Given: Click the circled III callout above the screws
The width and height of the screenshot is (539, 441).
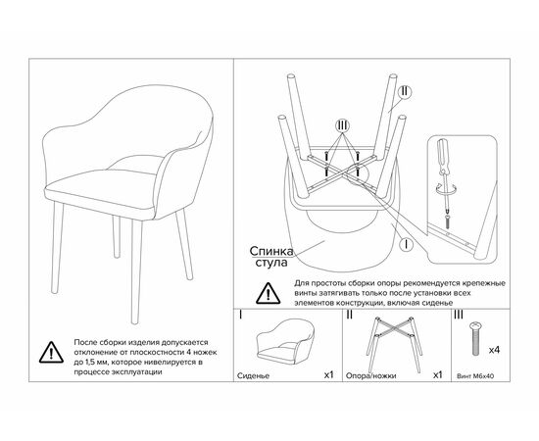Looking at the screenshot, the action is point(342,125).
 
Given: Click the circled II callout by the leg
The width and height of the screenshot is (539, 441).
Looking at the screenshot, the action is point(405,92).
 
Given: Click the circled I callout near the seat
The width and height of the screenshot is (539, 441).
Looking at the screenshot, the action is point(407,245).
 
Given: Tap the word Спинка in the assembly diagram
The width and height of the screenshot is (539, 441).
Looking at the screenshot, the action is point(271,251).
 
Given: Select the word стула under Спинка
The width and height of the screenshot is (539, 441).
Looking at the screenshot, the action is point(270,263).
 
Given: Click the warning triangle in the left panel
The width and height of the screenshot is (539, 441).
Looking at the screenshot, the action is point(51,353).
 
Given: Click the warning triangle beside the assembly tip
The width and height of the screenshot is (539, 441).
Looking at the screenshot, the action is point(269,293).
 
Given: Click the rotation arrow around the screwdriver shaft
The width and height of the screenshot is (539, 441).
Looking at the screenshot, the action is point(445,189).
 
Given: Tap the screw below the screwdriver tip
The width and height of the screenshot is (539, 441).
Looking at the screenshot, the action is point(448,222).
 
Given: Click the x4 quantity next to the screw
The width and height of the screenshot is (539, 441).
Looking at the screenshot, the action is point(494,350).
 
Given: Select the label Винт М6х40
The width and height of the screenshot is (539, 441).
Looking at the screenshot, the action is point(475,376).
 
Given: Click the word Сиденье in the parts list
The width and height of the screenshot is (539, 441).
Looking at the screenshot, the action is point(254,375).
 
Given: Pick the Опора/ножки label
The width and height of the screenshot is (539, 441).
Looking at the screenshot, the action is point(370,375).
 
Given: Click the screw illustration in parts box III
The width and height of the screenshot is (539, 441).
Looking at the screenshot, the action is point(475,338).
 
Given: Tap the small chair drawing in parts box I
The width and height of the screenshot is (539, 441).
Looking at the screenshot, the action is point(285,340).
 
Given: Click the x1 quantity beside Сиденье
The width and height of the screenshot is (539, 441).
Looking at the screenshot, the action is point(329,374).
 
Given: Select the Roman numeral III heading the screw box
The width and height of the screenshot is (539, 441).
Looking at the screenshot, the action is point(459,315).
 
